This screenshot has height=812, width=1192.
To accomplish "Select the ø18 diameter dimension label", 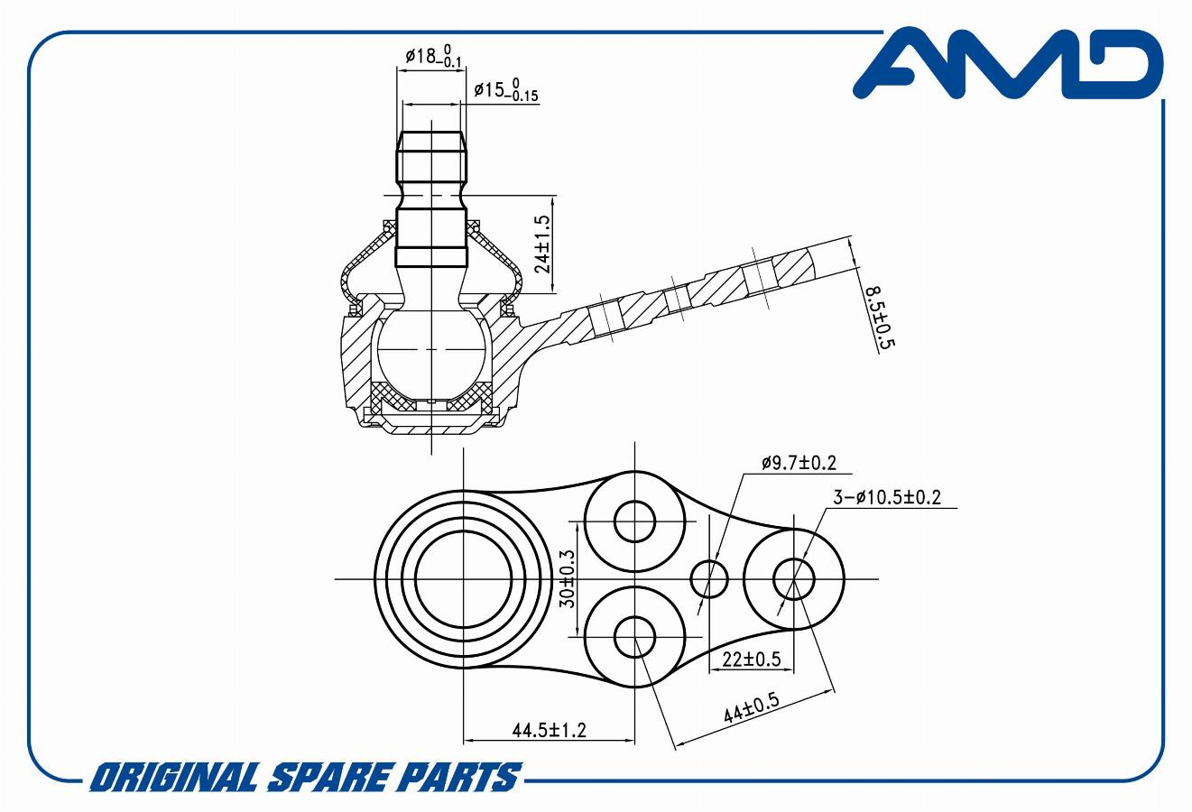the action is click(x=433, y=55).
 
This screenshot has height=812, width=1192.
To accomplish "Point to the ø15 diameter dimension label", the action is click(x=506, y=89).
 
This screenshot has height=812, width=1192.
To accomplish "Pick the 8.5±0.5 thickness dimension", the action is click(x=878, y=318).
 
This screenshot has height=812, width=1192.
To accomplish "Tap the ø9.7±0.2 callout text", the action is click(x=799, y=463).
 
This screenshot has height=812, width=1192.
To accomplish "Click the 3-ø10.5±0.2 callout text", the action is click(x=886, y=497).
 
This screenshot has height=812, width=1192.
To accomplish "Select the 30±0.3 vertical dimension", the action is click(x=568, y=579).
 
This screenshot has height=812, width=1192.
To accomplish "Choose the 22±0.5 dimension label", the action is click(x=751, y=660).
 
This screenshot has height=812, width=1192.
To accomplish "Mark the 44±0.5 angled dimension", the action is click(x=751, y=706).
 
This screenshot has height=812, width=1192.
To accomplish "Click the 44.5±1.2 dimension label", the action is click(x=550, y=730).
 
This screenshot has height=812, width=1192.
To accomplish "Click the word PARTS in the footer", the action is click(x=457, y=776).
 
